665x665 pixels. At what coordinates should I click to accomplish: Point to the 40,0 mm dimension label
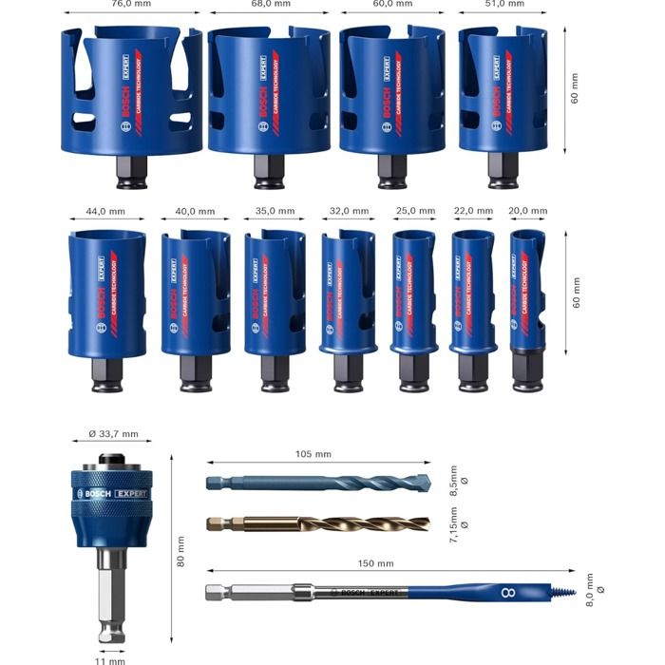click(195, 211)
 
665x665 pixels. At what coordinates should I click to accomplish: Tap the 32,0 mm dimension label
click(341, 211)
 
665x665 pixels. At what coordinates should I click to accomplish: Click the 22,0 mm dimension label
click(473, 211)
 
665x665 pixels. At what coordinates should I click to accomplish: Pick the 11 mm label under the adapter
click(111, 659)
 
